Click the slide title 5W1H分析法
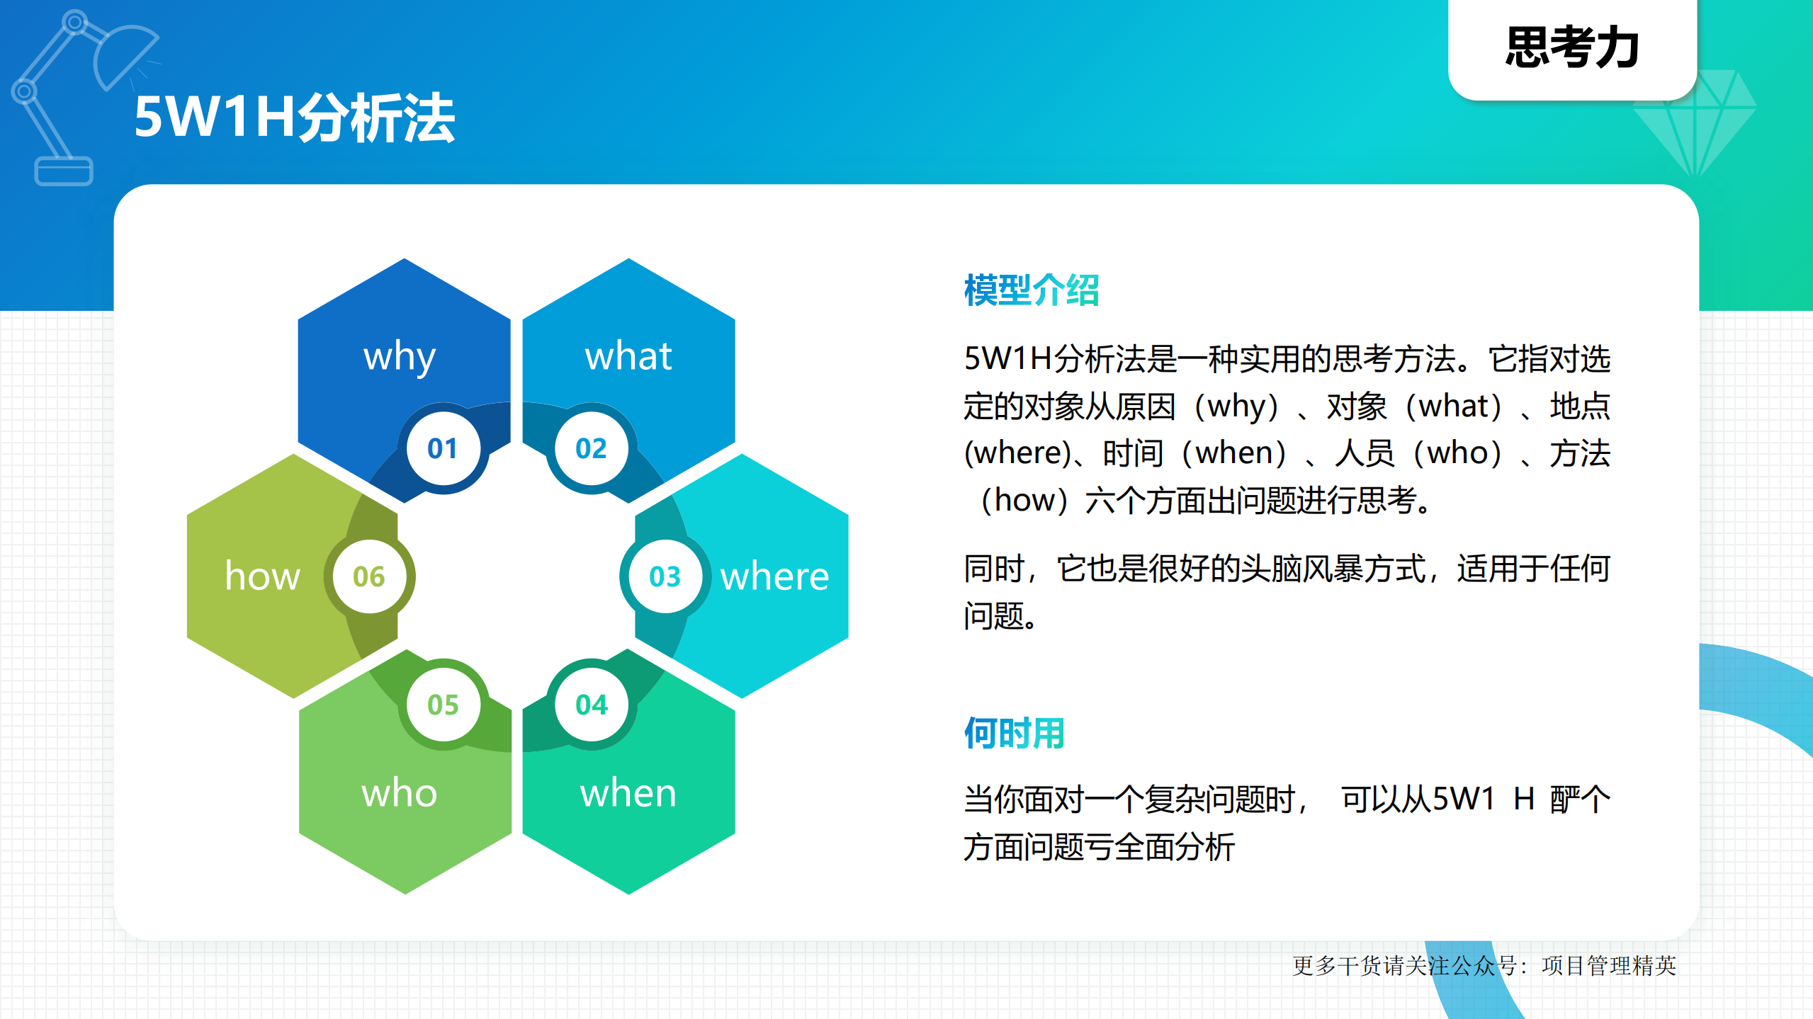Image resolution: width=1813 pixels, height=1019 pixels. [294, 118]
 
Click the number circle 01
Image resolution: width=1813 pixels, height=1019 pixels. [443, 448]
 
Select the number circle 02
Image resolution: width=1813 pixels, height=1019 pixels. [591, 448]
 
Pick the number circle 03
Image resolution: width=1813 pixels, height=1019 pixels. [665, 576]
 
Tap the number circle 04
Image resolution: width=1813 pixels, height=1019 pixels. [591, 705]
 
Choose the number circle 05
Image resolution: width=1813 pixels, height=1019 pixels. [443, 705]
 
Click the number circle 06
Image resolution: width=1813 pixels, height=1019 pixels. [369, 576]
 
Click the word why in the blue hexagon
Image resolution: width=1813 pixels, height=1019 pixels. [399, 356]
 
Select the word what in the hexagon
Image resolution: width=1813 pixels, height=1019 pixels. [628, 356]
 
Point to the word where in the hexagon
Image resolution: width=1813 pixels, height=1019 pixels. [774, 576]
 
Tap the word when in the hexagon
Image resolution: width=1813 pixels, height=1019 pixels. [628, 793]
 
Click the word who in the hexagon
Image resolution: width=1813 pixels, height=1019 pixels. [399, 793]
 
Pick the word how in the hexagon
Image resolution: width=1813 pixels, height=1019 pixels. [262, 576]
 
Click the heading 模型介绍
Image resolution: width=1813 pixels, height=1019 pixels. [1031, 290]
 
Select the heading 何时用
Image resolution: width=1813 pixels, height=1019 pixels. [1014, 733]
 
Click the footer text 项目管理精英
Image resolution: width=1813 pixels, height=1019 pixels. [1608, 966]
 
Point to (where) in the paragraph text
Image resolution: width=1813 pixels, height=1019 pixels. [1017, 453]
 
